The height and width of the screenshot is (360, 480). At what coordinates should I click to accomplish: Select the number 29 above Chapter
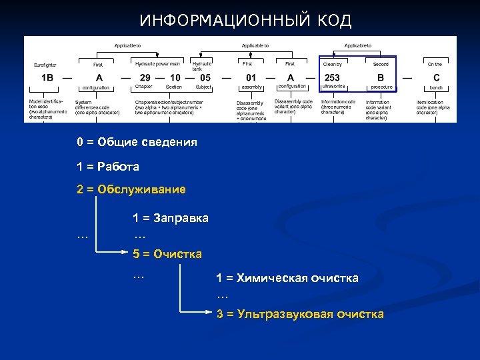coord(145,77)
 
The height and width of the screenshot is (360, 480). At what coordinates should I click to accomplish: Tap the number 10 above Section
coord(175,77)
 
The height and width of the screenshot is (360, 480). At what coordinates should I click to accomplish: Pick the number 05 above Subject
coord(205,77)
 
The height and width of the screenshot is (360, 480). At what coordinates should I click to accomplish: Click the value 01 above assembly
coord(251,77)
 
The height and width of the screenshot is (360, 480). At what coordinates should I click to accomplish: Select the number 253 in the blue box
coord(332,77)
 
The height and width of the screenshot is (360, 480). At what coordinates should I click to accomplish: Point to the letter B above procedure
coord(381,77)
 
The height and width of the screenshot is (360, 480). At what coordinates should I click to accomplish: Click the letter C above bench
coord(436,77)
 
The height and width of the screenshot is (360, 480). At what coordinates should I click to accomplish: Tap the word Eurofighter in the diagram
coord(45,65)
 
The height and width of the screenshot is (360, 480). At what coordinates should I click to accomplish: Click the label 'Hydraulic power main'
coord(157,64)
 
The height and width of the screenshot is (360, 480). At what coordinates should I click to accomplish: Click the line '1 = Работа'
coord(108,166)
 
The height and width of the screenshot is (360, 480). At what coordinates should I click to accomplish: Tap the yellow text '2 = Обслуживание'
coord(131,189)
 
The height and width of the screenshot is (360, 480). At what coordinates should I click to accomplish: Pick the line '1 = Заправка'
coord(171,218)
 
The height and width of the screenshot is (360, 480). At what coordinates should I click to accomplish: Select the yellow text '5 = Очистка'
coord(167,254)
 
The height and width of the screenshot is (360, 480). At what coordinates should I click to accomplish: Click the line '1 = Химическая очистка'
coord(287,278)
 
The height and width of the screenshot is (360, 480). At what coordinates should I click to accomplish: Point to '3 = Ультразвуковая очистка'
coord(300,314)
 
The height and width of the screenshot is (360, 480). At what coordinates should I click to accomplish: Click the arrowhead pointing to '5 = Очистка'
coord(127,253)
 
